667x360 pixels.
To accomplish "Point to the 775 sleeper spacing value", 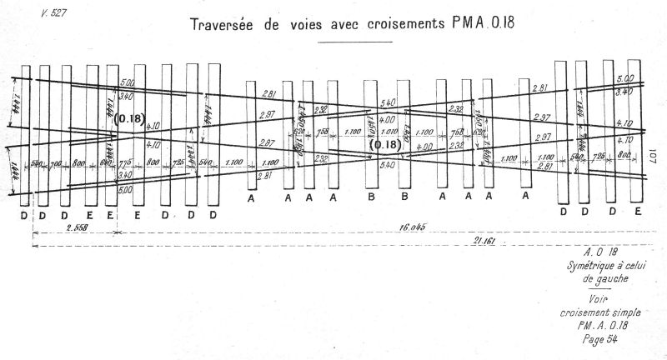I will coord(125,163).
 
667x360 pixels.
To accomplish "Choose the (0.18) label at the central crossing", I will coord(385,144).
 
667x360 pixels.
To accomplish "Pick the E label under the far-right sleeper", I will coord(638,212).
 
